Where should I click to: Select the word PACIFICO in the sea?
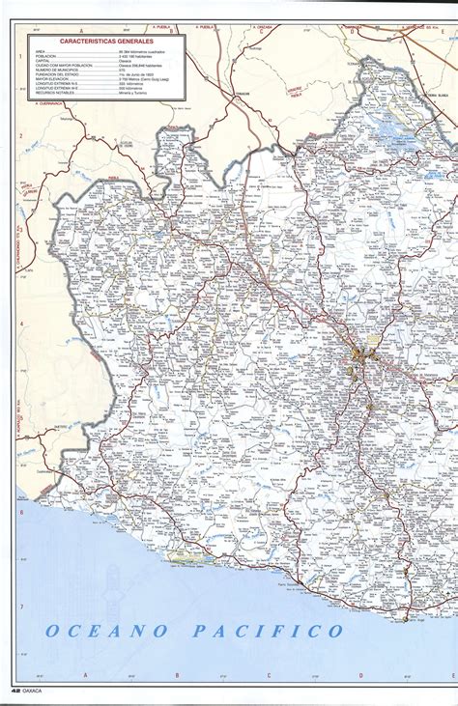(x=268, y=632)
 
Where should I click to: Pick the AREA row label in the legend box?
(x=40, y=52)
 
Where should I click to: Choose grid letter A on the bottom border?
(x=85, y=675)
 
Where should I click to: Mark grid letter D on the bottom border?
(x=359, y=675)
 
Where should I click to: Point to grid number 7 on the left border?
(x=19, y=607)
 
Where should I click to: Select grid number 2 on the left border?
(x=19, y=135)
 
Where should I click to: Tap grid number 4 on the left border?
(x=19, y=324)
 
